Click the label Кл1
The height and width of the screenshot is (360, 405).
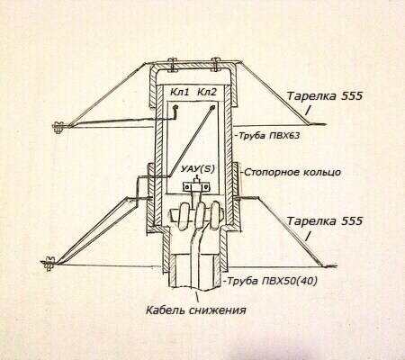point(179,92)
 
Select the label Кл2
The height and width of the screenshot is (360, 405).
point(206,92)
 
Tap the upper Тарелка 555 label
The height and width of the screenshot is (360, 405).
point(325,96)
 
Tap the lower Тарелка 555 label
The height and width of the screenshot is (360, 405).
point(325,221)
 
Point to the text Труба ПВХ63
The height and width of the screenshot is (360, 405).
point(269,136)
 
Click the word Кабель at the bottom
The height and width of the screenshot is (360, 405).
point(166,310)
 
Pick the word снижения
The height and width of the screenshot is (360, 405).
point(218,310)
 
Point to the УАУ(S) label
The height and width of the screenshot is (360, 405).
point(198,169)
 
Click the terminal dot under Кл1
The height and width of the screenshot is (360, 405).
point(175,106)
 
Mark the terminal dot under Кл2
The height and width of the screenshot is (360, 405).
point(212,106)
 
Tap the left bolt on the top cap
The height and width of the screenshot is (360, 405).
point(171,65)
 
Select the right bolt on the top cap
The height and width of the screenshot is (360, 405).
point(215,65)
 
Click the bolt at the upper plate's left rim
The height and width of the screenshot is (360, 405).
point(58,127)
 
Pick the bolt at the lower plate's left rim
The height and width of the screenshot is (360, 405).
point(48,264)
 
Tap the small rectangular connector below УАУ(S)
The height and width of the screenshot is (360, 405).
point(195,187)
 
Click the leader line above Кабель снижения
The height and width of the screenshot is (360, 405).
point(197,297)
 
